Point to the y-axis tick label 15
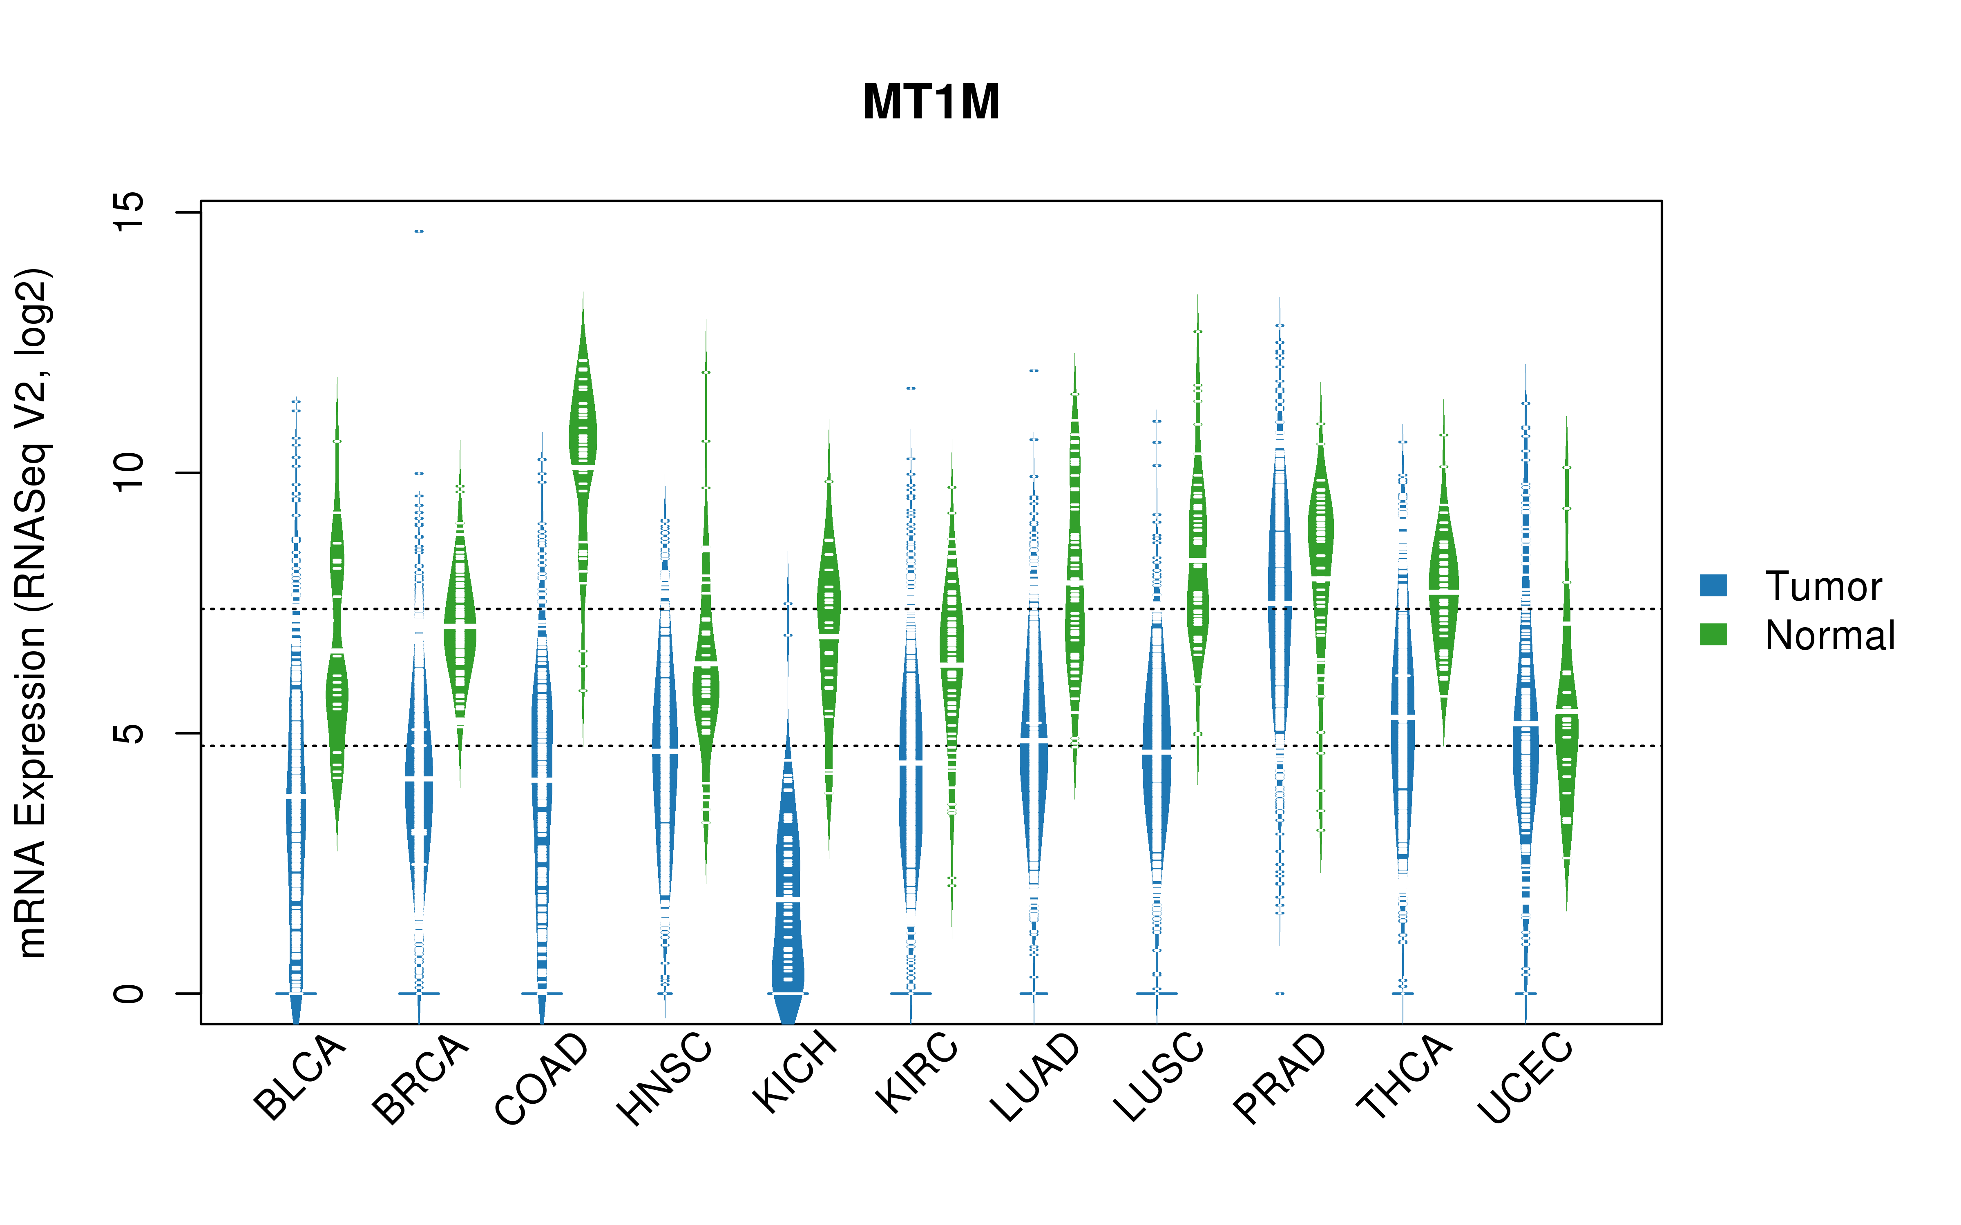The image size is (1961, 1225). coord(128,212)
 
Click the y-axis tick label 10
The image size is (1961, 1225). coord(128,472)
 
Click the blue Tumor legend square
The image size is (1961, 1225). coord(1713,585)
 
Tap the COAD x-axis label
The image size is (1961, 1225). coord(541,1079)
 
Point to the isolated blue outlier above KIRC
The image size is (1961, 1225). coord(911,388)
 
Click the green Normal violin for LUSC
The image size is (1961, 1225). coord(1198,567)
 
